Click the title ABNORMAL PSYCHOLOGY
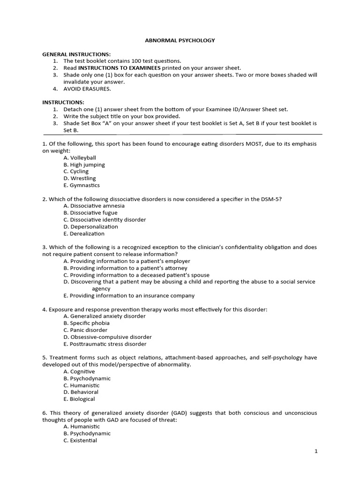pyautogui.click(x=180, y=40)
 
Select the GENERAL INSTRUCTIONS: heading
pyautogui.click(x=76, y=54)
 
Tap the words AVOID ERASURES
pyautogui.click(x=87, y=89)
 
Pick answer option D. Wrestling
pyautogui.click(x=80, y=179)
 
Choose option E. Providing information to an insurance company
pyautogui.click(x=129, y=296)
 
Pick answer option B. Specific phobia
pyautogui.click(x=86, y=323)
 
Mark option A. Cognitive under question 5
pyautogui.click(x=79, y=372)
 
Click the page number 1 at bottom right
pyautogui.click(x=316, y=451)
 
